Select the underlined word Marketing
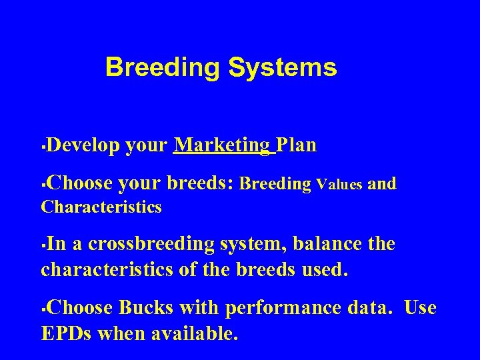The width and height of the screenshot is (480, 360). (x=223, y=145)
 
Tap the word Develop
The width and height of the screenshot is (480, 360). (x=83, y=145)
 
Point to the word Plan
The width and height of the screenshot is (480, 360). (x=296, y=145)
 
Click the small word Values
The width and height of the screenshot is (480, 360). (x=339, y=184)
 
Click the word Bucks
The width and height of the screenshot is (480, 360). (x=146, y=308)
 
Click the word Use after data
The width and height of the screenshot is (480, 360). (x=420, y=308)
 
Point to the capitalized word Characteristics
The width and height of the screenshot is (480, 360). (x=101, y=207)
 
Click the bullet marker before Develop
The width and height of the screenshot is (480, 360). (x=43, y=145)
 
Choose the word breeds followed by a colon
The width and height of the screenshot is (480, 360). (x=199, y=183)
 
